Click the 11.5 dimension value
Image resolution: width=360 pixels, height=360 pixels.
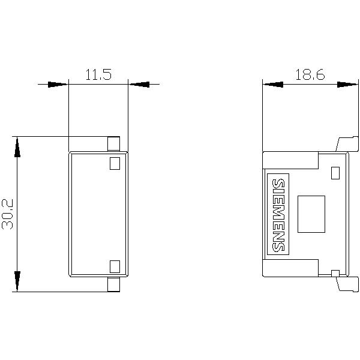(98, 76)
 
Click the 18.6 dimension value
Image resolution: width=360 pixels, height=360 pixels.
(310, 75)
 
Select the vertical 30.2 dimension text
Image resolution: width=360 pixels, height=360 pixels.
(9, 214)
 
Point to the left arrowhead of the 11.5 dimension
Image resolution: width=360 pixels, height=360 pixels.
(58, 85)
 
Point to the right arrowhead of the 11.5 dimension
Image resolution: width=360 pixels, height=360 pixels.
(139, 85)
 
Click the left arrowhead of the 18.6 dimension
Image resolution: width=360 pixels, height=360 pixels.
(273, 85)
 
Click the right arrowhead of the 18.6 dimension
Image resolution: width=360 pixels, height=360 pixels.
(347, 85)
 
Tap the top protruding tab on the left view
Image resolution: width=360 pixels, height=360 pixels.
(113, 143)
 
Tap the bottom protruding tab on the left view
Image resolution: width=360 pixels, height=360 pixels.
(113, 285)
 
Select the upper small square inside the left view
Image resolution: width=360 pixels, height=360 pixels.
(115, 163)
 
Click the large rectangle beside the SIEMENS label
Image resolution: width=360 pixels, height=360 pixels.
(311, 214)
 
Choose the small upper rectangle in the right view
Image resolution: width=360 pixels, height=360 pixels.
(335, 173)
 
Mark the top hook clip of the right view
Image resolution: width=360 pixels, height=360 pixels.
(347, 143)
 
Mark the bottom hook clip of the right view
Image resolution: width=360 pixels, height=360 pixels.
(347, 283)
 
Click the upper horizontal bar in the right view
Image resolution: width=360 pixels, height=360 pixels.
(290, 160)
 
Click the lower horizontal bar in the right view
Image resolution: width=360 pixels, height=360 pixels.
(290, 268)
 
